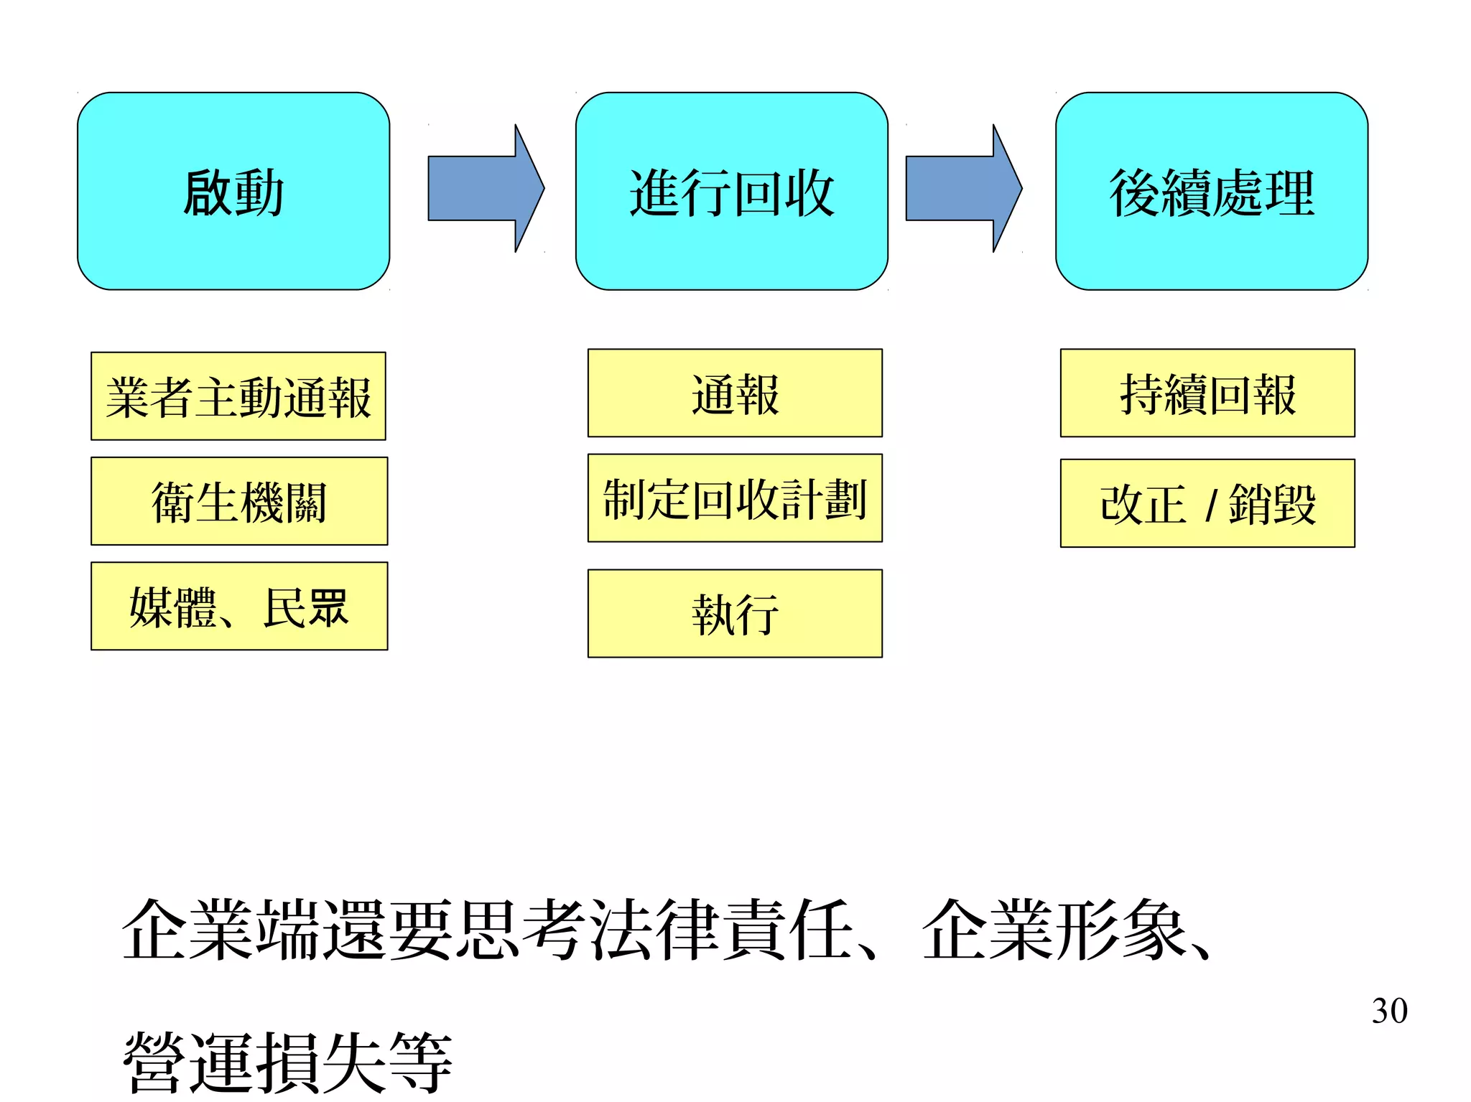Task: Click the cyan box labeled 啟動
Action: click(233, 191)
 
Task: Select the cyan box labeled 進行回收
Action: click(731, 191)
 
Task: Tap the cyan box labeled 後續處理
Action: click(1211, 191)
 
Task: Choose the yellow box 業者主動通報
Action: click(238, 396)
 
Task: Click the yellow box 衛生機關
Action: click(239, 501)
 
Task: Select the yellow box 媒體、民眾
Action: click(239, 607)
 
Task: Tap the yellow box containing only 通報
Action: click(735, 393)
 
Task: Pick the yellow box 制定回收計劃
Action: click(735, 498)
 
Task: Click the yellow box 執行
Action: click(735, 614)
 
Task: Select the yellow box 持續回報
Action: click(1207, 393)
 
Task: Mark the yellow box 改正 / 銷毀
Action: click(1207, 503)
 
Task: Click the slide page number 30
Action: click(1389, 1011)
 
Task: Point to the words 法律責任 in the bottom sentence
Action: click(723, 930)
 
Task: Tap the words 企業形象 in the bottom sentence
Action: click(1053, 930)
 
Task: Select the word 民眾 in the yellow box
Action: click(306, 607)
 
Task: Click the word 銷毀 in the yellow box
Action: click(1272, 504)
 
